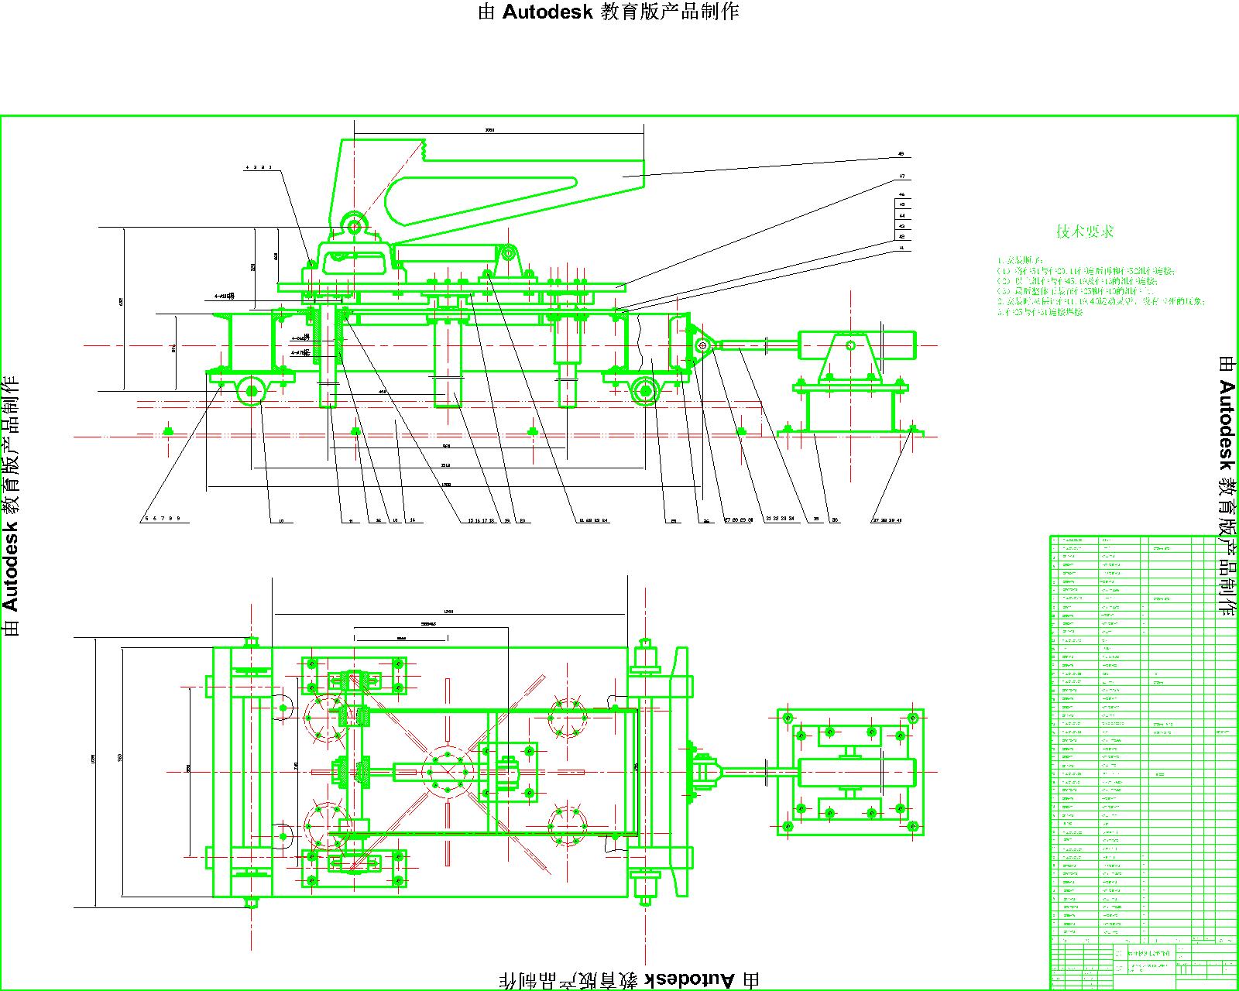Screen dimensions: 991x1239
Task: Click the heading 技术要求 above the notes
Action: point(1085,231)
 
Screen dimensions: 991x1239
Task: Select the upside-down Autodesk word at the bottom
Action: point(691,979)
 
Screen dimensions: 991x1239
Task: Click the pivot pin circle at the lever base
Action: point(355,227)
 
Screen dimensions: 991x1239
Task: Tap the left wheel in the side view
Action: point(251,392)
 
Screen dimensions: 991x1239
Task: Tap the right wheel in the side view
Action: point(644,392)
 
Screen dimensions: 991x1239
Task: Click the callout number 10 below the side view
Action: point(280,521)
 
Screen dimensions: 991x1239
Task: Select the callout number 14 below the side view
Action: point(412,520)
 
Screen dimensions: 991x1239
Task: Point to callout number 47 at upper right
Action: point(901,177)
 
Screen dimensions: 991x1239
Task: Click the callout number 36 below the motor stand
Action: point(835,520)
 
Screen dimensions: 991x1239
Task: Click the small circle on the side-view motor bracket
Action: point(850,345)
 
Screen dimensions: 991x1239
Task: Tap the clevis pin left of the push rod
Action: point(702,346)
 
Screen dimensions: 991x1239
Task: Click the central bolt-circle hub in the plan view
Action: point(448,771)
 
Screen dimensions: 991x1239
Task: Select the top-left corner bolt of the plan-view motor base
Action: point(788,718)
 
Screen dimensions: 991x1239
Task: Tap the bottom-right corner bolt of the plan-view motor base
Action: point(913,826)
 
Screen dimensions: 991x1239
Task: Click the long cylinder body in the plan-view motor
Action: point(856,772)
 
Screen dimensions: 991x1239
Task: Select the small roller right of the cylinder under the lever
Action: point(510,252)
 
